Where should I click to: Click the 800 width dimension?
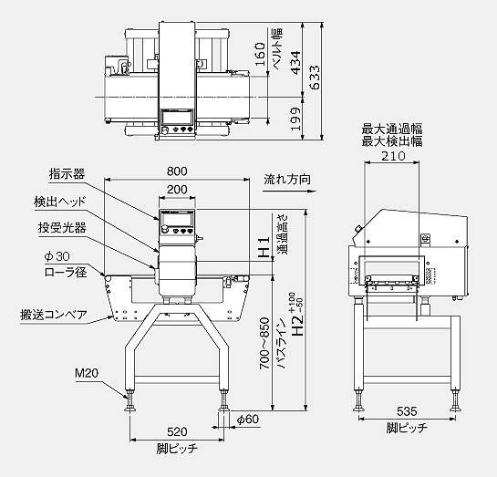(x=177, y=171)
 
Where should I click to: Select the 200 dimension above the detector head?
(x=177, y=190)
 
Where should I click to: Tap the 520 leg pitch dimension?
(x=177, y=431)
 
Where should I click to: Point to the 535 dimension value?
(x=407, y=411)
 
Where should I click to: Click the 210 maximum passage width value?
(x=393, y=156)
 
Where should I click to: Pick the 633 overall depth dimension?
(x=315, y=78)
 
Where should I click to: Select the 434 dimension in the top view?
(x=295, y=63)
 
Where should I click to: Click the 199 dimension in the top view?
(x=295, y=119)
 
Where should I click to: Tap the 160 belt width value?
(x=260, y=55)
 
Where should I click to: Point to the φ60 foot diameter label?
(x=248, y=420)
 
